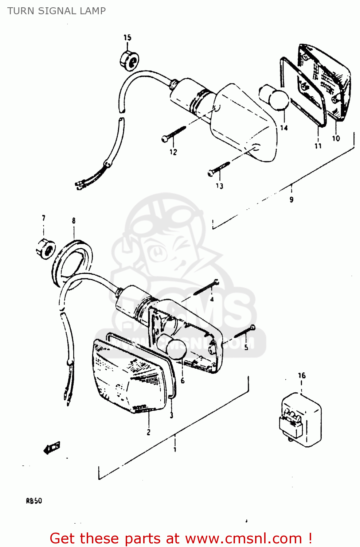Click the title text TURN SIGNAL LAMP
56,11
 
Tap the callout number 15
127,38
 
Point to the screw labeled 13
219,168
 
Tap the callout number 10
336,138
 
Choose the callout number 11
318,146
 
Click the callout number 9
291,199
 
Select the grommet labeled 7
45,248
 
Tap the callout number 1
175,450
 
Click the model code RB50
34,501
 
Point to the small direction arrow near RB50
52,448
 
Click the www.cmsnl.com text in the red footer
243,538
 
